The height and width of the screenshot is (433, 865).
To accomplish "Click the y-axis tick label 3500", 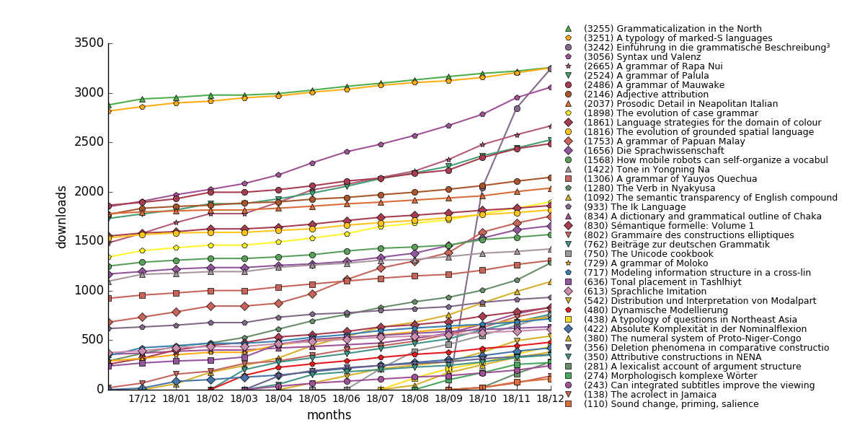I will click(x=89, y=43).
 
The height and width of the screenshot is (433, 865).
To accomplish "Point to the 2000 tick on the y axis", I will click(x=89, y=191).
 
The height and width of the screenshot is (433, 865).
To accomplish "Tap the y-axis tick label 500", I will click(x=92, y=339).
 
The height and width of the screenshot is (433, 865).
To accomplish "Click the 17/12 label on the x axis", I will click(x=141, y=398).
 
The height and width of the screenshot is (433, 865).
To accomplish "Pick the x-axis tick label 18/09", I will click(x=448, y=398).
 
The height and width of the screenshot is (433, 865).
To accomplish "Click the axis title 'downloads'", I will click(x=62, y=216).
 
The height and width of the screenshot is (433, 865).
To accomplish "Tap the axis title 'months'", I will click(x=329, y=416).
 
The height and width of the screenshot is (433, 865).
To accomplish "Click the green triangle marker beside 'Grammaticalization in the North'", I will click(x=568, y=29).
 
